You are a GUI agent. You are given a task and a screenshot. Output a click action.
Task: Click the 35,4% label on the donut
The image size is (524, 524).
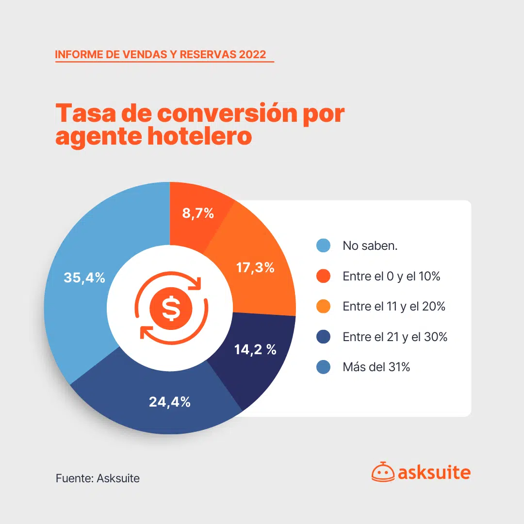[84, 278]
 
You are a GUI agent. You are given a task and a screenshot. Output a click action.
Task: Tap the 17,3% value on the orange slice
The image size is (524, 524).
[255, 267]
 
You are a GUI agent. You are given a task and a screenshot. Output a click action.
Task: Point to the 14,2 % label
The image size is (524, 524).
[255, 349]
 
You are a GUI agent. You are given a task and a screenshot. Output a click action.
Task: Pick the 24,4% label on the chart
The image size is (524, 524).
[170, 402]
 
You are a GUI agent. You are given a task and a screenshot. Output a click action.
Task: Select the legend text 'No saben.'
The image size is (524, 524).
[370, 246]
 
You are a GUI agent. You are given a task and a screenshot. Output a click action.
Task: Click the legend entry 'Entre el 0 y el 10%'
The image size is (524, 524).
[391, 277]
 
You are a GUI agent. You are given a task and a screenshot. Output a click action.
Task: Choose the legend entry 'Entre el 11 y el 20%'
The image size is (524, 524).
[394, 307]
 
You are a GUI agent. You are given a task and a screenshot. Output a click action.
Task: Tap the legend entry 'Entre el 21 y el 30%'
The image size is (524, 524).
[395, 337]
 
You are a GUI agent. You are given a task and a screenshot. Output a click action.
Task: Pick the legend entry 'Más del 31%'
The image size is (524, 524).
[377, 367]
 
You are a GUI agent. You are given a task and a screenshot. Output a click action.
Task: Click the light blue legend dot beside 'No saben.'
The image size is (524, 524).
[323, 246]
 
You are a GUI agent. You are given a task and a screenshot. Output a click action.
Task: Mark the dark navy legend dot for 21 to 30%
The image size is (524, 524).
[323, 337]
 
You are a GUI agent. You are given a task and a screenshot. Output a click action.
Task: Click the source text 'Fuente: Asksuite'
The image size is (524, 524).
[98, 478]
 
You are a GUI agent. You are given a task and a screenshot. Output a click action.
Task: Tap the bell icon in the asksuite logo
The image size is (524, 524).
[382, 472]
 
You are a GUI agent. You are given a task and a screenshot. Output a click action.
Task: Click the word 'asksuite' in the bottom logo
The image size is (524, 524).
[434, 473]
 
